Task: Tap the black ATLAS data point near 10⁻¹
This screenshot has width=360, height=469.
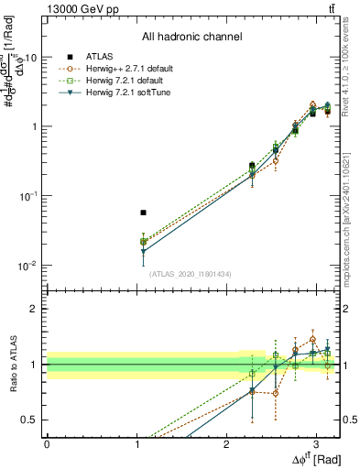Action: pos(143,213)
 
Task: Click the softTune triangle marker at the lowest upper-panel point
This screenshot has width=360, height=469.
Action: pos(143,251)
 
